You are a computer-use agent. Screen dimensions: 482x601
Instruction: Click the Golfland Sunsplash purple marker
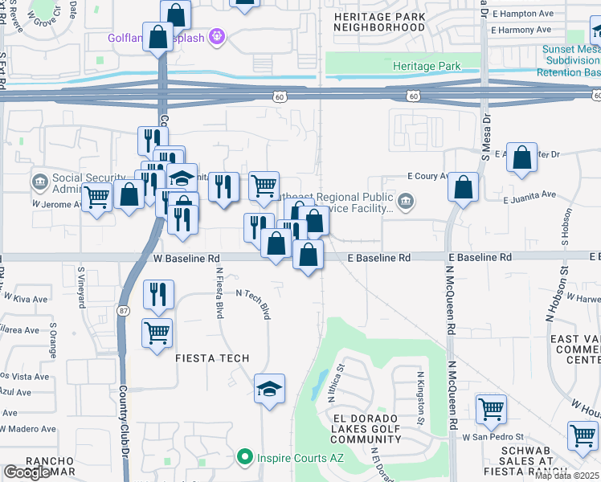click(x=215, y=36)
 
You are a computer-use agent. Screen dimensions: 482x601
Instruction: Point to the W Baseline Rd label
click(x=186, y=259)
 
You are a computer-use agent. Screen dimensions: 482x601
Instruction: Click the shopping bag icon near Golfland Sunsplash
click(x=159, y=36)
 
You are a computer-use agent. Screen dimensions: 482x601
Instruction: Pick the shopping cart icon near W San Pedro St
click(x=491, y=409)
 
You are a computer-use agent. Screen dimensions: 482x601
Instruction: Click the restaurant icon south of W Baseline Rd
click(x=158, y=295)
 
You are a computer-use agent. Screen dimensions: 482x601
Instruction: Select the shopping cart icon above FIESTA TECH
click(x=157, y=332)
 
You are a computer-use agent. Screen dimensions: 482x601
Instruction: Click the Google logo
click(x=27, y=472)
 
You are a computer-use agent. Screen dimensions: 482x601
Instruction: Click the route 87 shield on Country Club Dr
click(x=122, y=310)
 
